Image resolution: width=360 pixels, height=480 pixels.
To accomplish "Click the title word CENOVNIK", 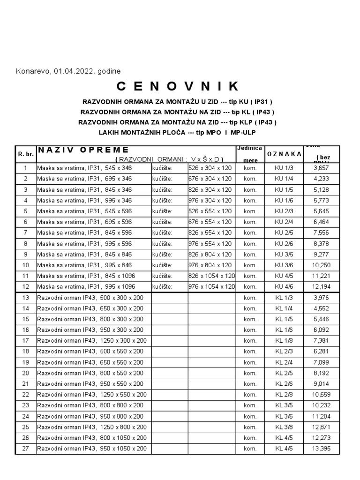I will [x=178, y=86].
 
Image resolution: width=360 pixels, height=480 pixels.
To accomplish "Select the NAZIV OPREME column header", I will [x=83, y=150].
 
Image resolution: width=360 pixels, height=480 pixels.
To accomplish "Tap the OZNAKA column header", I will [x=284, y=154].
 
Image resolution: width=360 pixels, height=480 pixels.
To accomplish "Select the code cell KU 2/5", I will [x=284, y=232].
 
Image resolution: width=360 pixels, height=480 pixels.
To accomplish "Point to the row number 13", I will [x=25, y=298].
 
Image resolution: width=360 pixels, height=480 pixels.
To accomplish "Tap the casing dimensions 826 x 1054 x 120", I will [x=211, y=276].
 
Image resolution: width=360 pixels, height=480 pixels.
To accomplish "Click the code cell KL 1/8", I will [x=284, y=341].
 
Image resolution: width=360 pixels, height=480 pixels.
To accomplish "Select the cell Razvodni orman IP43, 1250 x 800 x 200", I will [x=92, y=427].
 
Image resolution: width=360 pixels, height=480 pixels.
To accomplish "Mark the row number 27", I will [x=25, y=449].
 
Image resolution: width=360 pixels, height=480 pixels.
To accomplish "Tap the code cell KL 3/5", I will [x=284, y=405].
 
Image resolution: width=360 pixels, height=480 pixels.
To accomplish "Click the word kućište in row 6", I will [x=162, y=222].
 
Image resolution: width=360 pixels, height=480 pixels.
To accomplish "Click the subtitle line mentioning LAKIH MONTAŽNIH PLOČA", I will [x=178, y=133].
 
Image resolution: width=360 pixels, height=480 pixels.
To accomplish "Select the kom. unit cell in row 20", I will [x=250, y=373].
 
